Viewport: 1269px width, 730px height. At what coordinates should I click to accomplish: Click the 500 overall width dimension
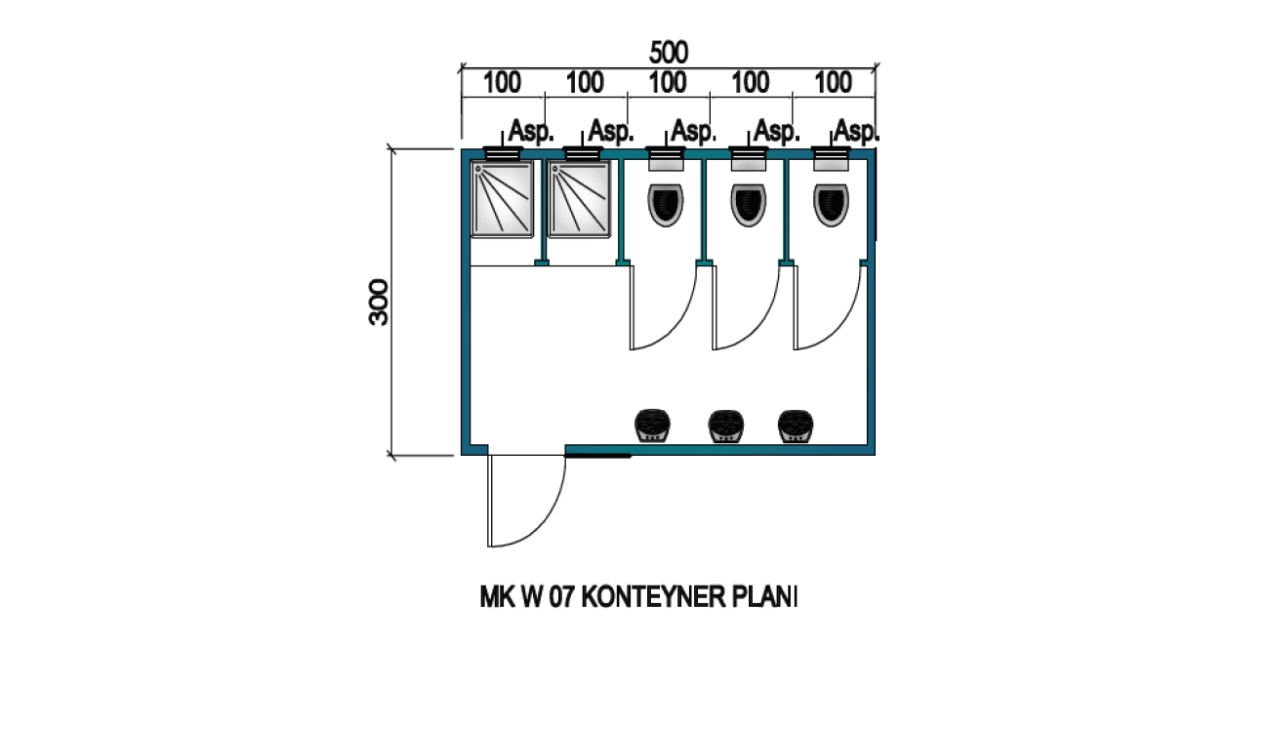[x=669, y=53]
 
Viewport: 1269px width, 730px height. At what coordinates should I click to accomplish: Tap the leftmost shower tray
[x=503, y=199]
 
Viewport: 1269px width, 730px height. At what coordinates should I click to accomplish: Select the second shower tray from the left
[x=580, y=199]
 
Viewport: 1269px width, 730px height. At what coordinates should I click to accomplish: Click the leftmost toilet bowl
[x=667, y=204]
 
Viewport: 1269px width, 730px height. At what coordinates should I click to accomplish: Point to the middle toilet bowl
[x=749, y=204]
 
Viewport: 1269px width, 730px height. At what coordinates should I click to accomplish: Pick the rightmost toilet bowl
[x=832, y=204]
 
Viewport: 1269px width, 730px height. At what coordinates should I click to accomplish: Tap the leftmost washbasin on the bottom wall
[x=652, y=426]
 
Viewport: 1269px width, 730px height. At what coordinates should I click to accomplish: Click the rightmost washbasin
[x=795, y=426]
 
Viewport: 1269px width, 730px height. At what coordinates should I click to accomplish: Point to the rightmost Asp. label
[x=857, y=132]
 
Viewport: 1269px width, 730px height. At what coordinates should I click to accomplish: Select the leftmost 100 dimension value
[x=502, y=83]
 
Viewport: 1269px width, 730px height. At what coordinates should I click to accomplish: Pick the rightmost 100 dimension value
[x=833, y=83]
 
